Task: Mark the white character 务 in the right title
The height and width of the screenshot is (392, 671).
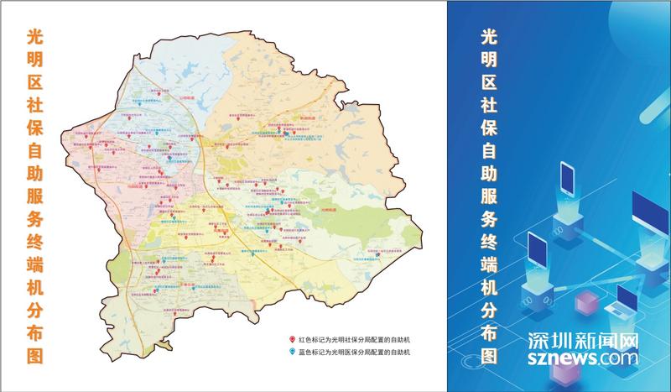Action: click(x=490, y=219)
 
